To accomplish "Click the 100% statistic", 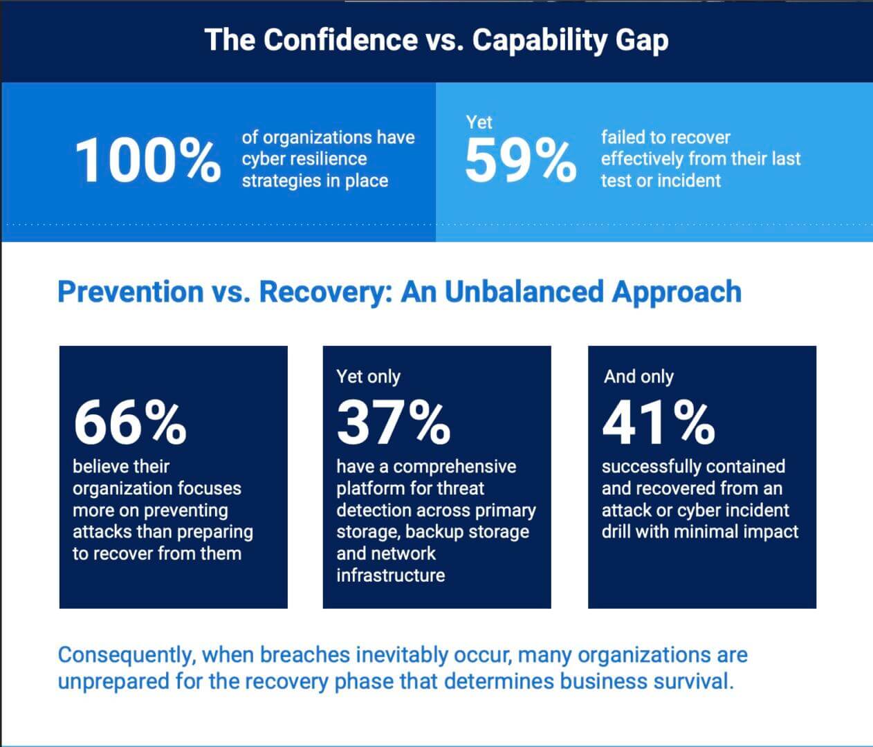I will (x=147, y=160).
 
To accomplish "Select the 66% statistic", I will (x=129, y=423).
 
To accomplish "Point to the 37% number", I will (x=393, y=423).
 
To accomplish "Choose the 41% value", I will (x=658, y=423).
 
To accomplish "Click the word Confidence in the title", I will (x=340, y=40).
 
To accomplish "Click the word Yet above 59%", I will (x=479, y=122).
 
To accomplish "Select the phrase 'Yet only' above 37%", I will (x=368, y=376).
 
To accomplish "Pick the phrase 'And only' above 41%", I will (x=638, y=376).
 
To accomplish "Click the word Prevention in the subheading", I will (x=130, y=292).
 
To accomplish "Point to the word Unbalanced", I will (x=524, y=292).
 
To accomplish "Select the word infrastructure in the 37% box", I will (x=390, y=575).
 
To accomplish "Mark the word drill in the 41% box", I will (x=616, y=531).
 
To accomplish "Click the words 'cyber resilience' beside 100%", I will (x=304, y=159).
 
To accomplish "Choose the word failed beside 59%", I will (x=622, y=137).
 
